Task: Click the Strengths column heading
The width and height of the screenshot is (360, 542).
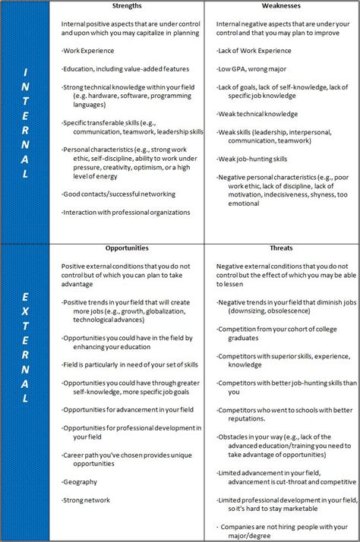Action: point(127,5)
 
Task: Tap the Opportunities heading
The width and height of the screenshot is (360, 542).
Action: point(127,247)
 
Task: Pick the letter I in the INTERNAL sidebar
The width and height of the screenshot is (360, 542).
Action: point(26,73)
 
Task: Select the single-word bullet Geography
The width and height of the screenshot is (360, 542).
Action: point(81,481)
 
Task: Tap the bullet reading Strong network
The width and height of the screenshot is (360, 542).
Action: point(87,499)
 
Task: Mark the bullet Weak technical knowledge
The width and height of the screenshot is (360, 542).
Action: point(258,114)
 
